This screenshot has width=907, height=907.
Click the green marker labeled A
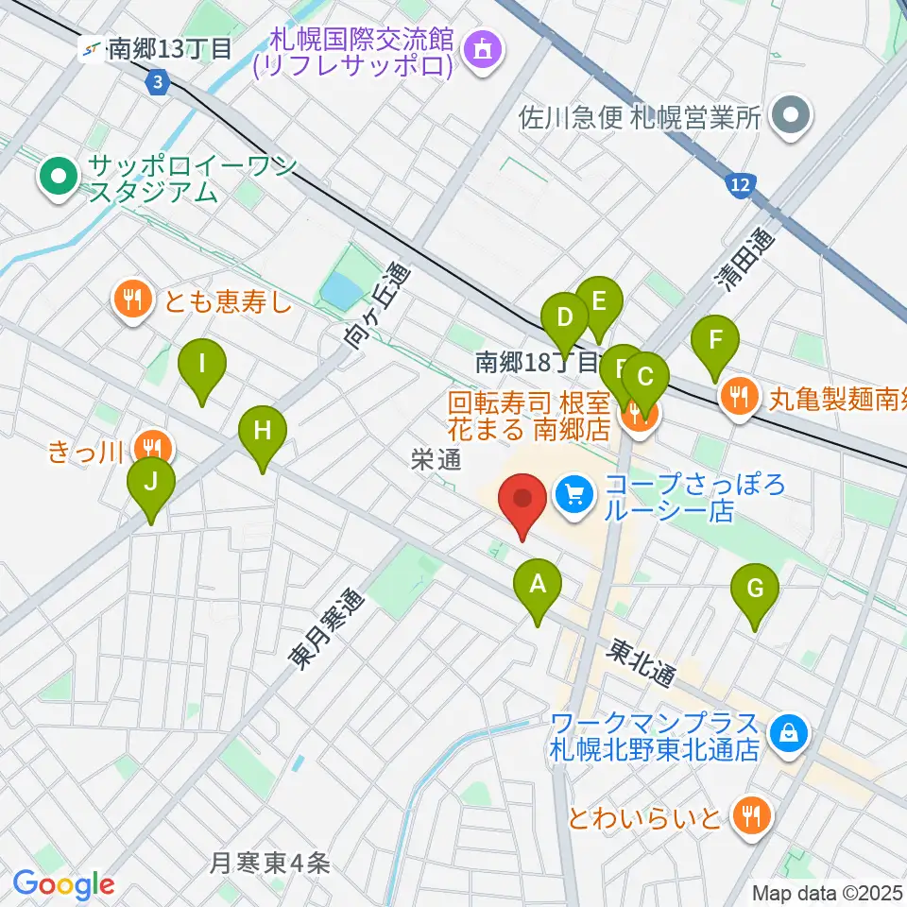(x=538, y=586)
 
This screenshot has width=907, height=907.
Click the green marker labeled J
(x=151, y=483)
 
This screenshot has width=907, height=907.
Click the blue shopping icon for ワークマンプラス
(x=786, y=731)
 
